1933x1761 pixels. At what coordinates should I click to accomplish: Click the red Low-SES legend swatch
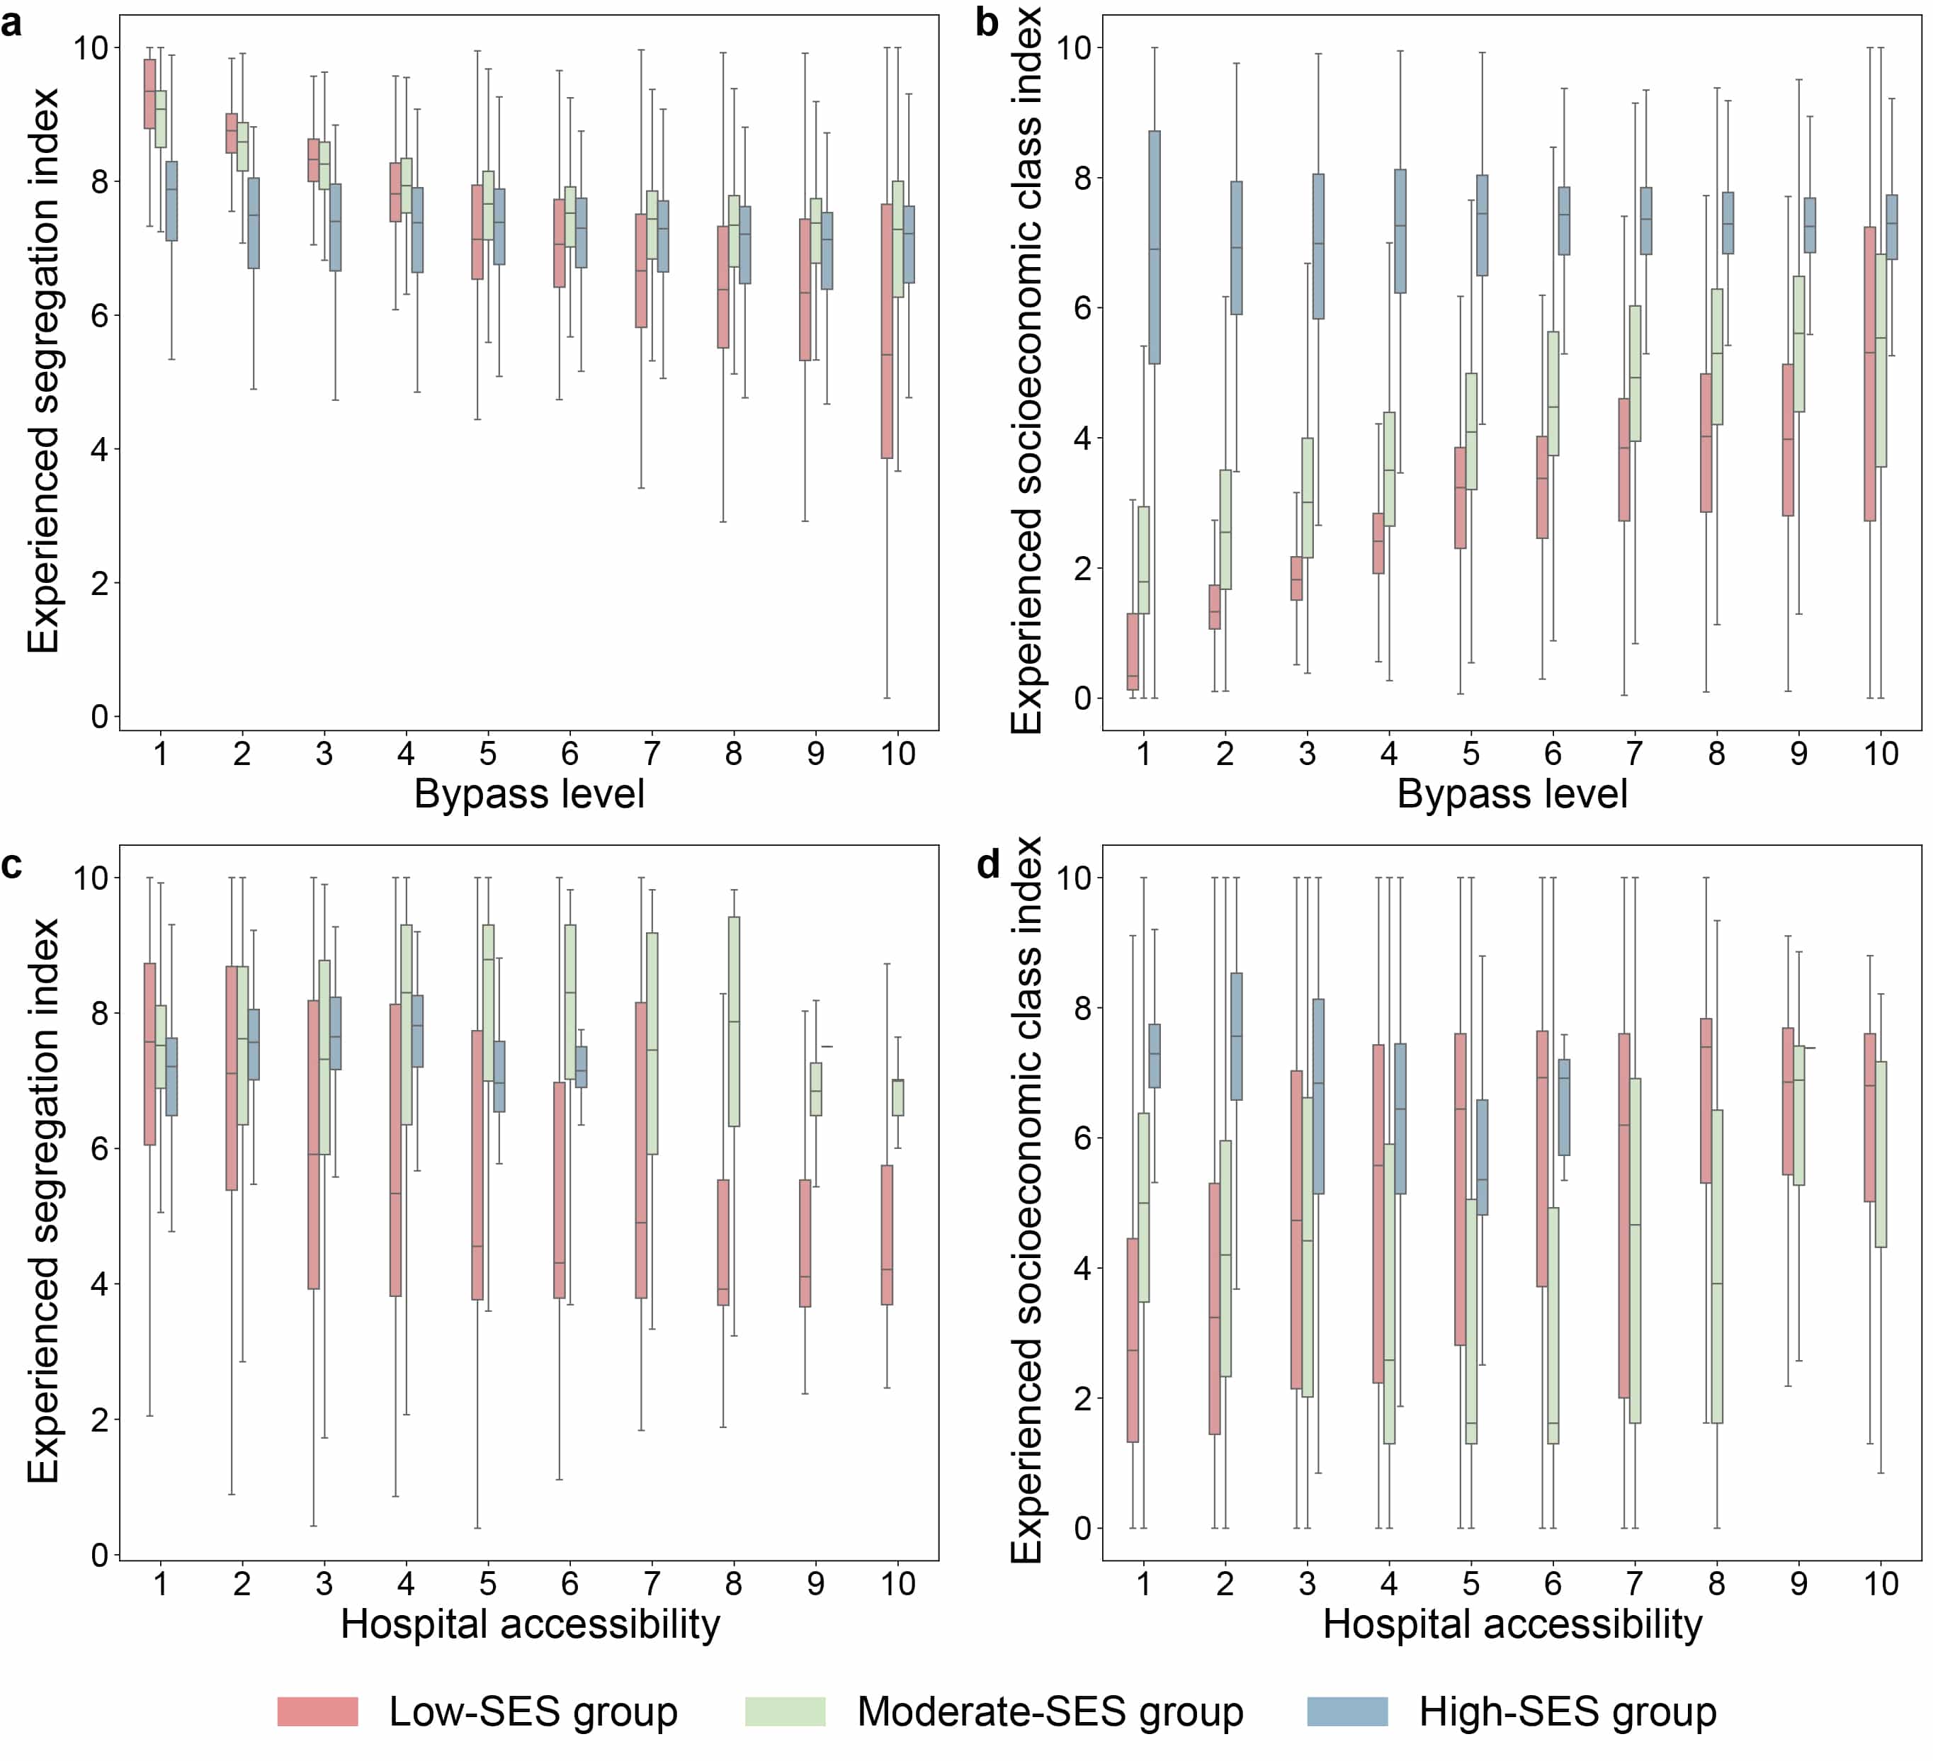pyautogui.click(x=317, y=1711)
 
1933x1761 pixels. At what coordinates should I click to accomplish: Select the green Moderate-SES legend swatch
pyautogui.click(x=786, y=1711)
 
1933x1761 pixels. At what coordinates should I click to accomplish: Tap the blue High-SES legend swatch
pyautogui.click(x=1348, y=1711)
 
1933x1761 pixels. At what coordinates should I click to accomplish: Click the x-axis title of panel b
pyautogui.click(x=1512, y=794)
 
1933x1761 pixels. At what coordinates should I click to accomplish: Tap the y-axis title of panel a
pyautogui.click(x=43, y=371)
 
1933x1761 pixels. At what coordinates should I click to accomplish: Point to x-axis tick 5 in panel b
pyautogui.click(x=1471, y=754)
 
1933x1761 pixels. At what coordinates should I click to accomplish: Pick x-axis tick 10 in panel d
pyautogui.click(x=1881, y=1584)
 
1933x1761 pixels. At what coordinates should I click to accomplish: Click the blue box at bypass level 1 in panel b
pyautogui.click(x=1155, y=247)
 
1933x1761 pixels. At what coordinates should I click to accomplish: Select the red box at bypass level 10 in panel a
pyautogui.click(x=887, y=331)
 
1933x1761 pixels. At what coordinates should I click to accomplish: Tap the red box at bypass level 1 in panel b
pyautogui.click(x=1133, y=651)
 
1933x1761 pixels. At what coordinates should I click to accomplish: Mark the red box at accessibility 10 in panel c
pyautogui.click(x=887, y=1235)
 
